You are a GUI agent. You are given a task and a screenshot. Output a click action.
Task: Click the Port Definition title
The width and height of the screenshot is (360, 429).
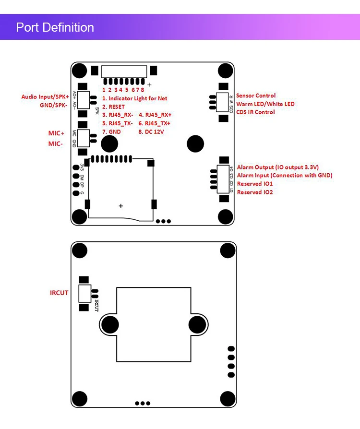(55, 27)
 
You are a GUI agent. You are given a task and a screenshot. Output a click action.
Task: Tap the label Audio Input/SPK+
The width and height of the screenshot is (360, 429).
(45, 97)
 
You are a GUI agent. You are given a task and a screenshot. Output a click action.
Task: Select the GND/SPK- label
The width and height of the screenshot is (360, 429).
(54, 105)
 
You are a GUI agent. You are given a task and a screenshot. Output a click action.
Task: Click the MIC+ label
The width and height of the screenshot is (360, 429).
(56, 133)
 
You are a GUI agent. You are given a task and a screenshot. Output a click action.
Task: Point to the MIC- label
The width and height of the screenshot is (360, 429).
(56, 143)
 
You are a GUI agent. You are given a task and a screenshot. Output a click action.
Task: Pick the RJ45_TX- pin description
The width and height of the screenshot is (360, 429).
(118, 123)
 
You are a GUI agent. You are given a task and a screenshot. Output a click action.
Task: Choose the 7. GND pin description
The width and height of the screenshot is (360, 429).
(111, 131)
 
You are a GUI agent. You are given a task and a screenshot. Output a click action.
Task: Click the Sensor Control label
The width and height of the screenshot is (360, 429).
(256, 96)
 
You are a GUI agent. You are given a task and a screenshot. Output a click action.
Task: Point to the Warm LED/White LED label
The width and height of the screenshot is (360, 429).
(265, 104)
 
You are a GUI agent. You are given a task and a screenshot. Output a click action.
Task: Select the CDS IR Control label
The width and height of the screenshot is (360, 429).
(256, 112)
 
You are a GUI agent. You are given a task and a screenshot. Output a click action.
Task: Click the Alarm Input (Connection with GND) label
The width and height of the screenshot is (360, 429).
(284, 176)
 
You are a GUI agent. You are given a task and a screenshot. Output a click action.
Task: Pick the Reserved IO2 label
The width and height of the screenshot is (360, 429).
(255, 192)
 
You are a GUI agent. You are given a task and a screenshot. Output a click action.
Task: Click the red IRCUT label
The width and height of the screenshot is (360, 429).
(59, 293)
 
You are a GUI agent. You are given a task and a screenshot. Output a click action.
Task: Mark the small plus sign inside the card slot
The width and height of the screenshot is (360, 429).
(121, 206)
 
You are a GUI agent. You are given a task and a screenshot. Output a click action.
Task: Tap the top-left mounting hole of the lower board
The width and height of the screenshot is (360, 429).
(80, 250)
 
